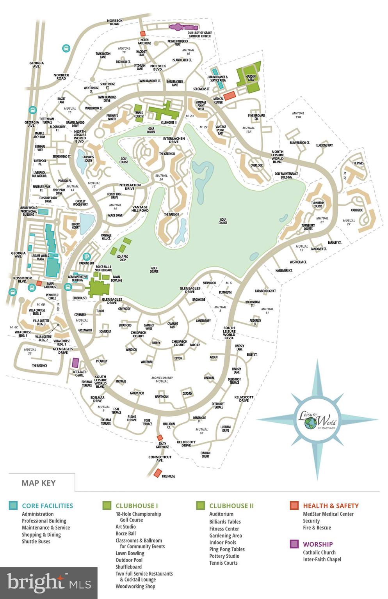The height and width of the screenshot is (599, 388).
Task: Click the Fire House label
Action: pyautogui.click(x=168, y=476)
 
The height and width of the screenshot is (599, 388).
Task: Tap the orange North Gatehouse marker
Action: pyautogui.click(x=143, y=34)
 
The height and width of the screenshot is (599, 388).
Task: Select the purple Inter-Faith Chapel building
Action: pyautogui.click(x=76, y=363)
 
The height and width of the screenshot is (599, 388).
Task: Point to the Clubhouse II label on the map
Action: pyautogui.click(x=169, y=122)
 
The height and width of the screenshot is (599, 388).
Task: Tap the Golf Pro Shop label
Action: pyautogui.click(x=123, y=258)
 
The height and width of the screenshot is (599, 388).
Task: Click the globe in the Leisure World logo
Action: pyautogui.click(x=311, y=423)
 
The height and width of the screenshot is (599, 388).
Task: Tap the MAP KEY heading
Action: pyautogui.click(x=39, y=483)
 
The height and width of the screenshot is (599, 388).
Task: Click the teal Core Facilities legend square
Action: pyautogui.click(x=13, y=505)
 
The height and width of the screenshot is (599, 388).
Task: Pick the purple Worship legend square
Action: pyautogui.click(x=294, y=544)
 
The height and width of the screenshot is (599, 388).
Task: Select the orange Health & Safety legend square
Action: pyautogui.click(x=294, y=505)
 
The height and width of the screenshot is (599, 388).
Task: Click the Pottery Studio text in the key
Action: pyautogui.click(x=224, y=556)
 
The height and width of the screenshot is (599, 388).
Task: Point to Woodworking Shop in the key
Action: pyautogui.click(x=135, y=586)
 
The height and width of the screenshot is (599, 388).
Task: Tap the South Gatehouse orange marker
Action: pyautogui.click(x=159, y=438)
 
